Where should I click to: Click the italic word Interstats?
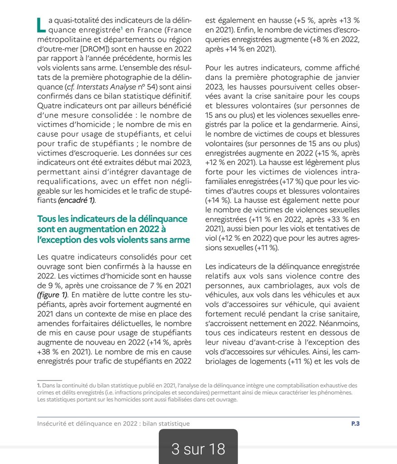89,87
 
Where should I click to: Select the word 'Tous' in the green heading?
48,219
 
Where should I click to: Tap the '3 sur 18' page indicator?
198,449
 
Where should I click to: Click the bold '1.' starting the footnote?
39,385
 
